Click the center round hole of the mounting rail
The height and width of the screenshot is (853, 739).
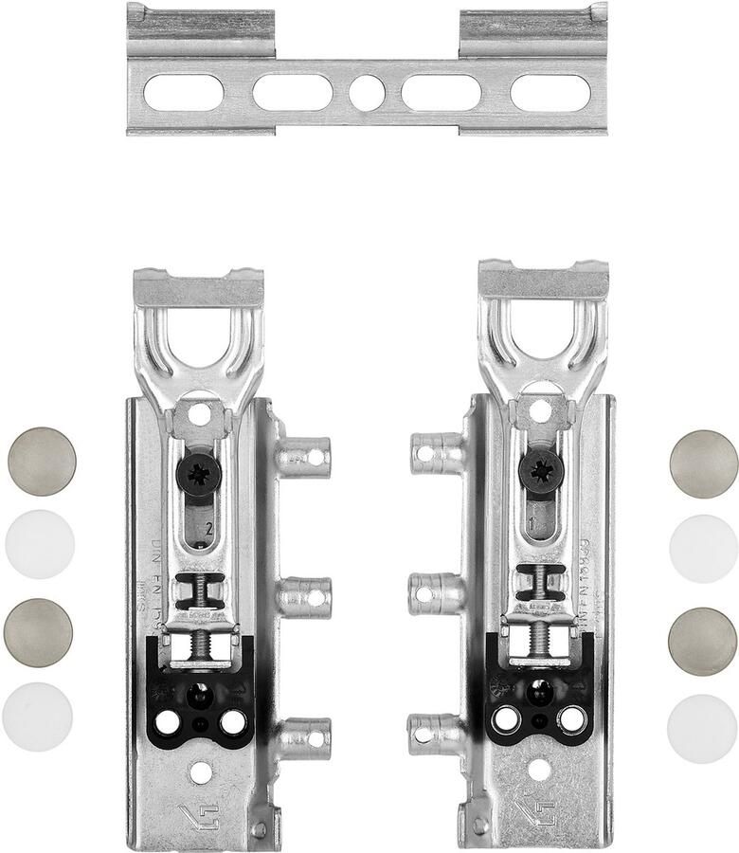366,92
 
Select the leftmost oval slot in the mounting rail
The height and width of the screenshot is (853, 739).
183,92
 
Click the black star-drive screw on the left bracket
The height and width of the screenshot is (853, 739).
199,473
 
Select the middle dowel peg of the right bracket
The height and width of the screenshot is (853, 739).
433,592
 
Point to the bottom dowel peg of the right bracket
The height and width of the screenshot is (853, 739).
433,734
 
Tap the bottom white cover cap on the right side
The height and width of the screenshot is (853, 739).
701,728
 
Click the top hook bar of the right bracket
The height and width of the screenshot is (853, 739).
543,281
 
